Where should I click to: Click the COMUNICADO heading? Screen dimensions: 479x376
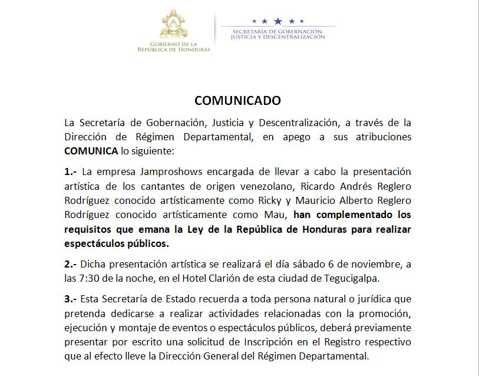[x=237, y=101]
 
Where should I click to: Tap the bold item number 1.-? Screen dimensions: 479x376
[x=72, y=171]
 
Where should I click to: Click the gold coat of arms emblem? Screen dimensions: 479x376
[x=173, y=26]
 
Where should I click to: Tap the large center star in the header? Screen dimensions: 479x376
[x=278, y=21]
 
